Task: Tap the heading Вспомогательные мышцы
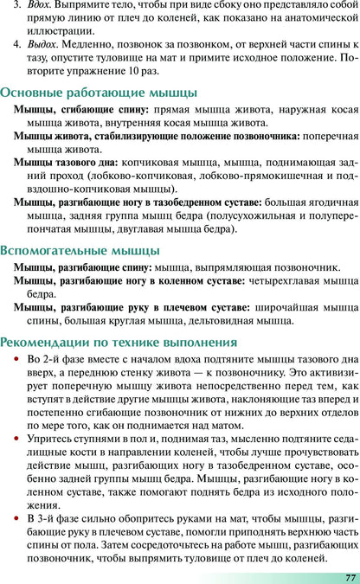[x=80, y=250]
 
